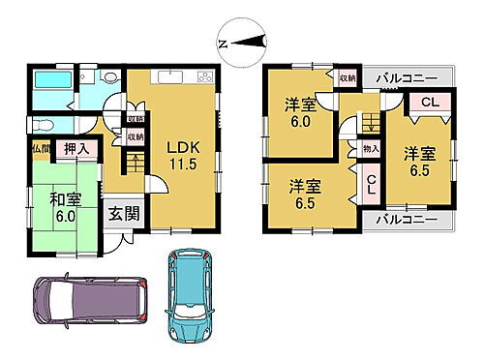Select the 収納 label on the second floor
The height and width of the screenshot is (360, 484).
click(x=346, y=78)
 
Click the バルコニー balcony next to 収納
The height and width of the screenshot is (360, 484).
click(x=401, y=76)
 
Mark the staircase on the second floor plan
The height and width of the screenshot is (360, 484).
click(x=369, y=122)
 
